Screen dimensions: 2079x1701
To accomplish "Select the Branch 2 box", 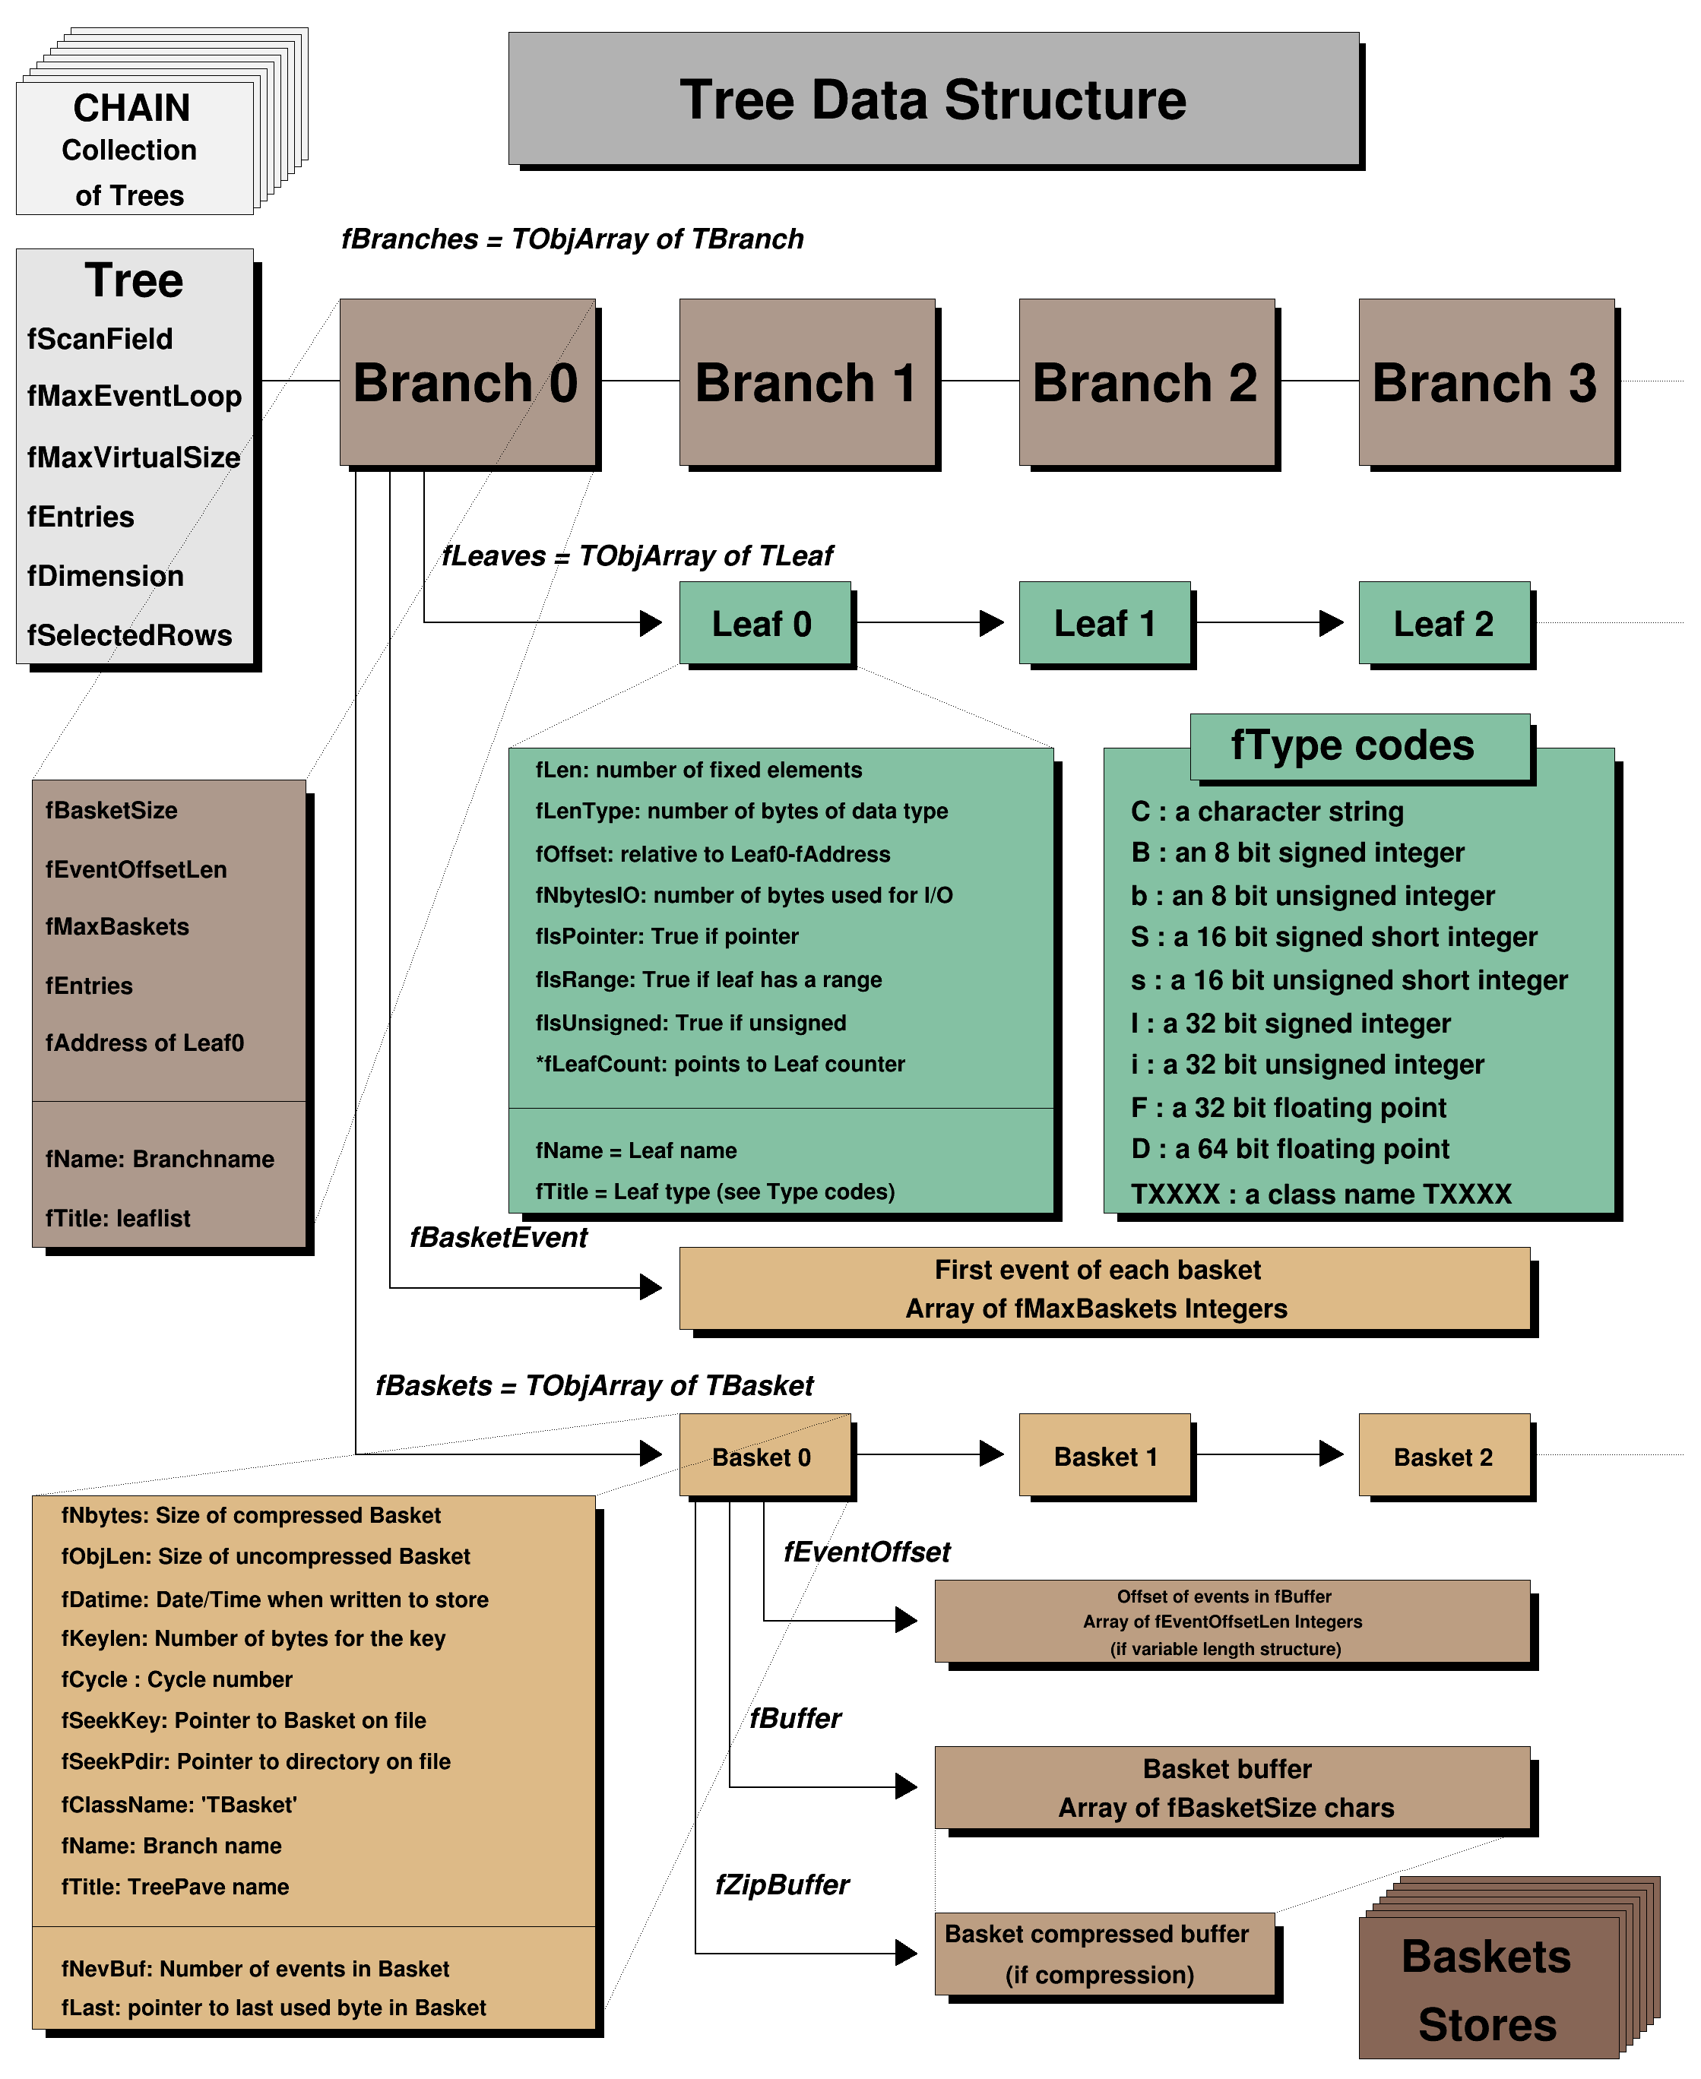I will tap(1145, 382).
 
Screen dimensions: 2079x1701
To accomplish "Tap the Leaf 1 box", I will tap(1104, 623).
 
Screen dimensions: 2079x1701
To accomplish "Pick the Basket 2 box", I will tap(1443, 1456).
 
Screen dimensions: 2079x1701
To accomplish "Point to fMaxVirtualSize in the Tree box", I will tap(133, 457).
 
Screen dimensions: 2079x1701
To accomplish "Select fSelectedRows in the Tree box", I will tap(129, 634).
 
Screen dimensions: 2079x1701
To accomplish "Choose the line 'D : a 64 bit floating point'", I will tap(1290, 1148).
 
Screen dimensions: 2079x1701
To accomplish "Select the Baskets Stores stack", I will tap(1487, 1989).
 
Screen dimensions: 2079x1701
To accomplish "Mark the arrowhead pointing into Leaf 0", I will tap(651, 623).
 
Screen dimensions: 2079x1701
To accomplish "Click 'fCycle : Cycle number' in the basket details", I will tap(176, 1679).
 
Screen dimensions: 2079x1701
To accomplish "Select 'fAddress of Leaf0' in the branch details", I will tap(144, 1043).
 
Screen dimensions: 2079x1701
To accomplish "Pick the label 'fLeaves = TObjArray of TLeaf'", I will tap(637, 556).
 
